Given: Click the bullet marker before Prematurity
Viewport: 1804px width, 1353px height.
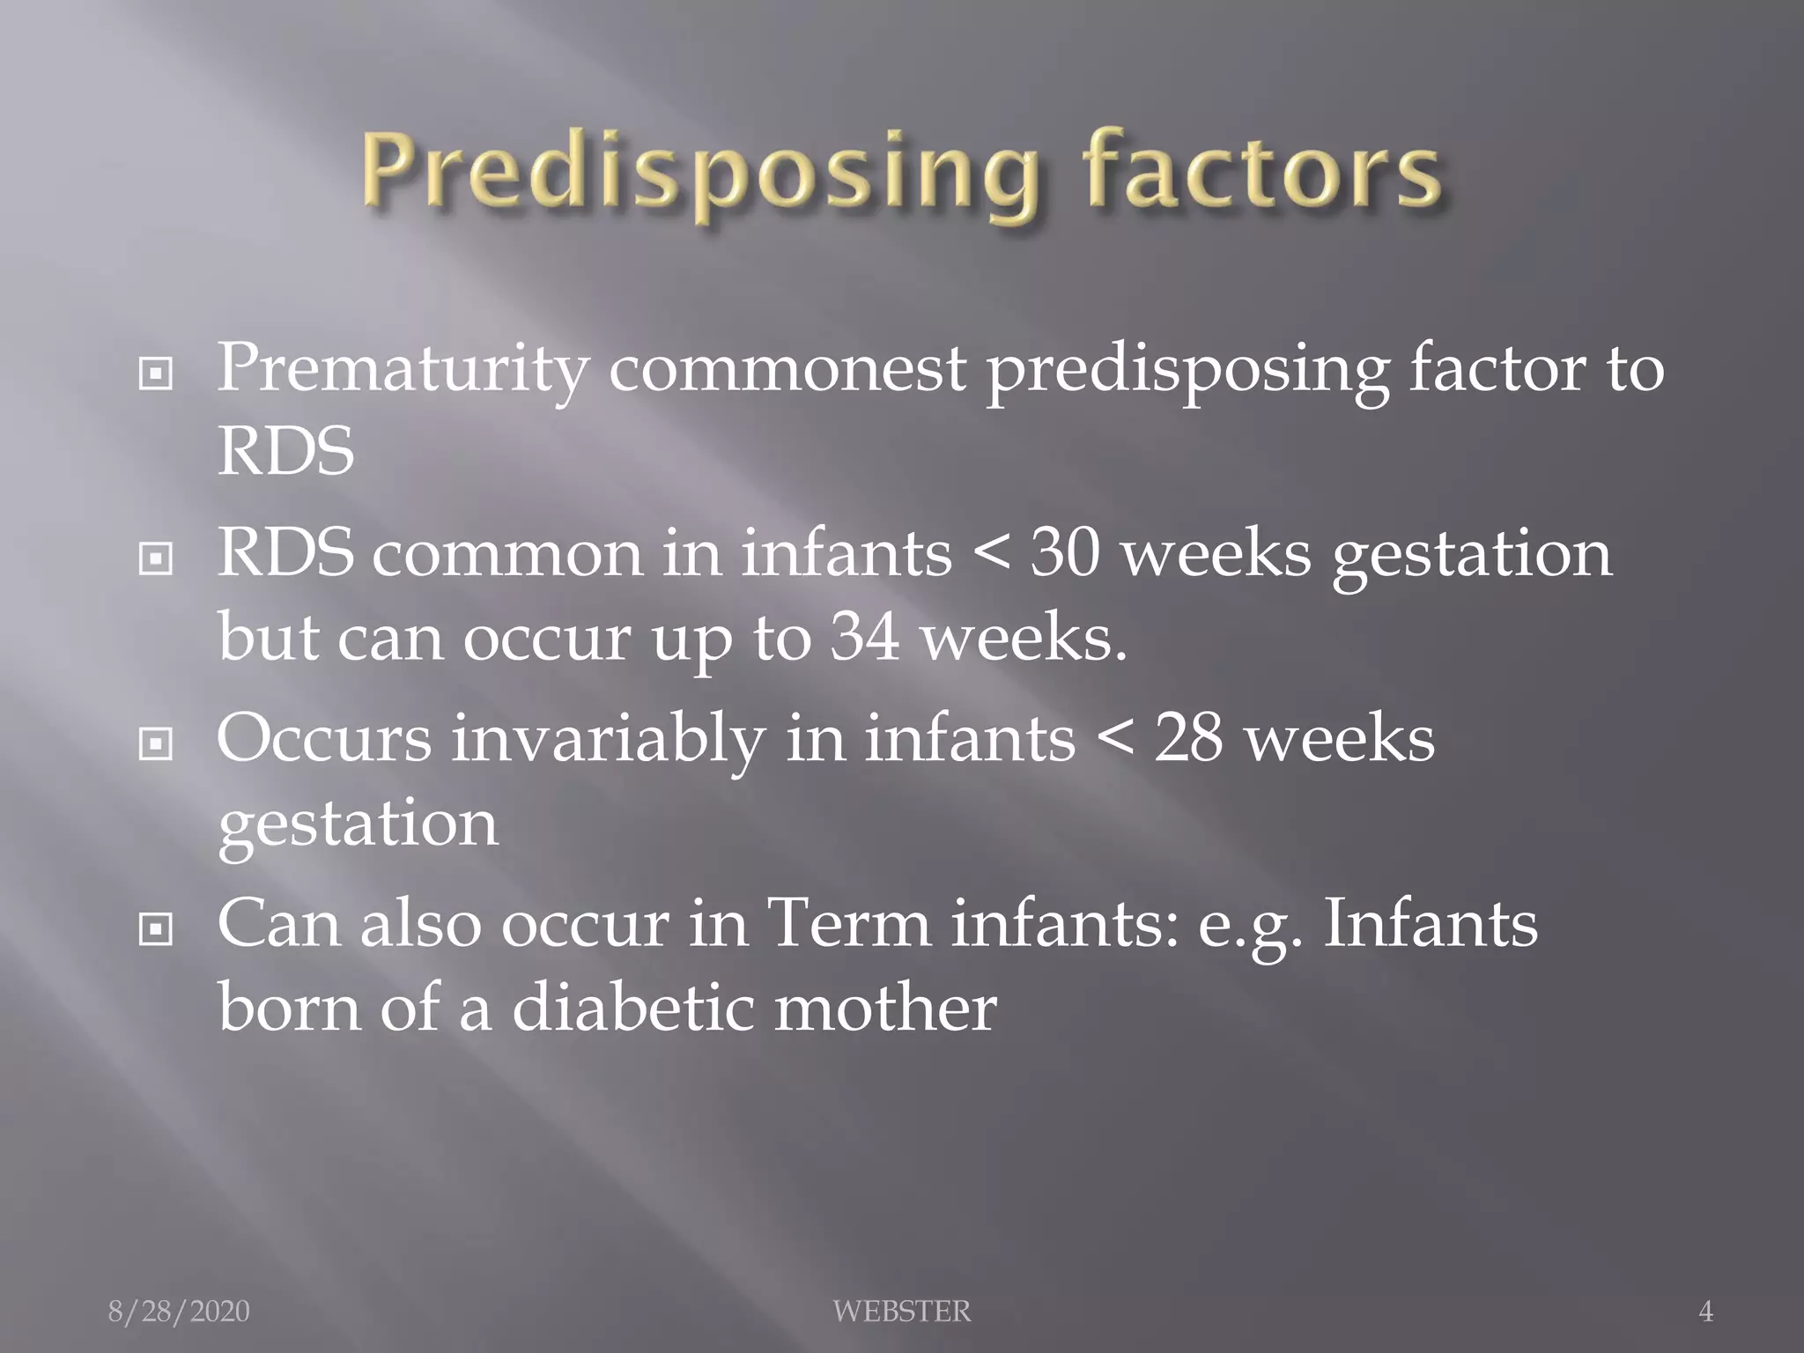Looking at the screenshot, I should [156, 375].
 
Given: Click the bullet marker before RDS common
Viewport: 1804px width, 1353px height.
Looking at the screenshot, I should [156, 558].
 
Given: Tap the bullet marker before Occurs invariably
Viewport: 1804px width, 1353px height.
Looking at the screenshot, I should [156, 744].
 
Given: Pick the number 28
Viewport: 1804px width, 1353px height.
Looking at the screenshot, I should [1188, 739].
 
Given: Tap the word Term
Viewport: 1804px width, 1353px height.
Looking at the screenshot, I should [849, 925].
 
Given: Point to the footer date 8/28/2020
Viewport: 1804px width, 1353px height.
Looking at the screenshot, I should [179, 1312].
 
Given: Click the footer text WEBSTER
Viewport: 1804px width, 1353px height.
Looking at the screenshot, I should [901, 1312].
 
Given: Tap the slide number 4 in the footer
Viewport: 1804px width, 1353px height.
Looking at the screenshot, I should [1705, 1312].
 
